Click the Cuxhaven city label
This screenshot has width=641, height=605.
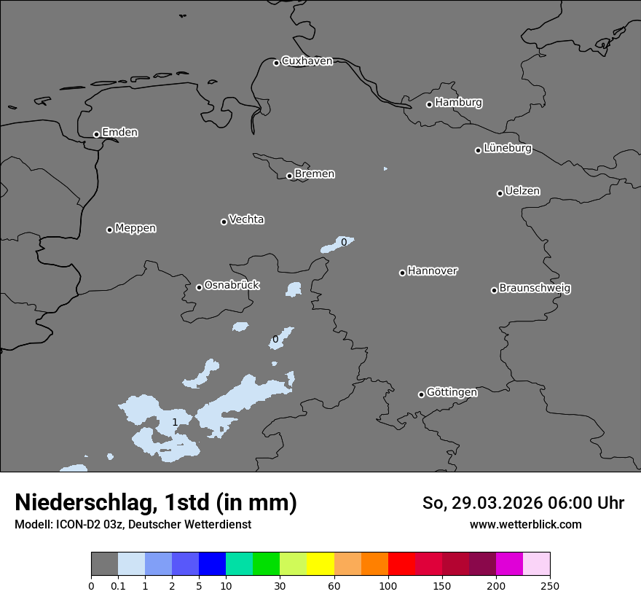tap(307, 61)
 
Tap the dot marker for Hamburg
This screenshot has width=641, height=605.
tap(429, 104)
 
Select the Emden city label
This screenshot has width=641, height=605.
tap(119, 133)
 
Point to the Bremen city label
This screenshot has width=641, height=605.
tap(315, 174)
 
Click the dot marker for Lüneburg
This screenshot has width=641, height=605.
tap(478, 150)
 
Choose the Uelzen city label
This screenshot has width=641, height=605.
tap(522, 192)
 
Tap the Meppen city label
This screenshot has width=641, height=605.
tap(135, 228)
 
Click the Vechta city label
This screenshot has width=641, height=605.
tap(246, 219)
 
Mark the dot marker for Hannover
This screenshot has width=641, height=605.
tap(402, 273)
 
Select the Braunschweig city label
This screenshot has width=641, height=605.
tap(535, 289)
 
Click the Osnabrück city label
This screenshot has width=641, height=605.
tap(232, 286)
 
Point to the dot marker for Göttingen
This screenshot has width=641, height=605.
tap(421, 394)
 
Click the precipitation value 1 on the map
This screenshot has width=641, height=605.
tap(175, 423)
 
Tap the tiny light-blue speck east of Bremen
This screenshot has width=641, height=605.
tap(385, 169)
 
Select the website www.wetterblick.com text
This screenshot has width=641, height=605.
tap(525, 525)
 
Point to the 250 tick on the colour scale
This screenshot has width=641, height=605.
tap(550, 585)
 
